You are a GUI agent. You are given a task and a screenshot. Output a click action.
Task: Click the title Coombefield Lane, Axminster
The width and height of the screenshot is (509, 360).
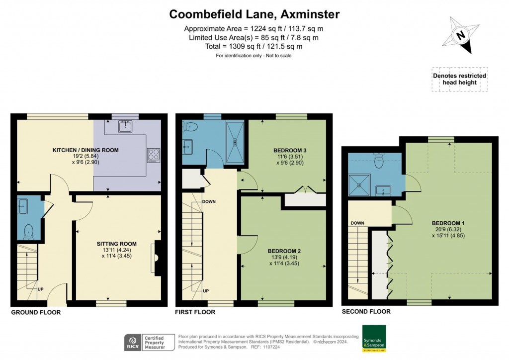click(254, 14)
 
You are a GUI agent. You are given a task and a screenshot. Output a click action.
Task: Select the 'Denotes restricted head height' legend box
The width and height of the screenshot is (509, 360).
click(459, 79)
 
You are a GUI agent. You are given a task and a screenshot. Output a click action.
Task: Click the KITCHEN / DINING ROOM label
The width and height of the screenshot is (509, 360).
click(85, 150)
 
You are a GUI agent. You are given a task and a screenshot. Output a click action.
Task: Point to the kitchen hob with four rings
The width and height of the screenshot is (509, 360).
click(152, 155)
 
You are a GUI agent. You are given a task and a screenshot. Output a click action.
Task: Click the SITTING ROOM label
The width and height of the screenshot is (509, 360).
click(116, 244)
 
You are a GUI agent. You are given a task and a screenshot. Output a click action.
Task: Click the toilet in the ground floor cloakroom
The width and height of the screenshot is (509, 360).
click(29, 230)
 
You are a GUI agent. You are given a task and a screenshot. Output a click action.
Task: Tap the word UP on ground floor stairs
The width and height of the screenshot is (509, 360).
click(40, 288)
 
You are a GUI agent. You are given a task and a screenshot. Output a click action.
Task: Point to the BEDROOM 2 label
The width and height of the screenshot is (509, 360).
click(284, 251)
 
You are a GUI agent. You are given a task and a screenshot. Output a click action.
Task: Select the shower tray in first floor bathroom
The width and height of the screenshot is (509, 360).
click(235, 142)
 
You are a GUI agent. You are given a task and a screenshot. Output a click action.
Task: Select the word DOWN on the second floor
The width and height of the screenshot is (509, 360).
click(357, 223)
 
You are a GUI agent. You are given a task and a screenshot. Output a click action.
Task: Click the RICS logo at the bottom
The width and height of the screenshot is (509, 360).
click(132, 342)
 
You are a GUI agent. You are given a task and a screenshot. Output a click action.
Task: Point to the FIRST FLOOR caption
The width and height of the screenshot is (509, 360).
click(195, 312)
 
